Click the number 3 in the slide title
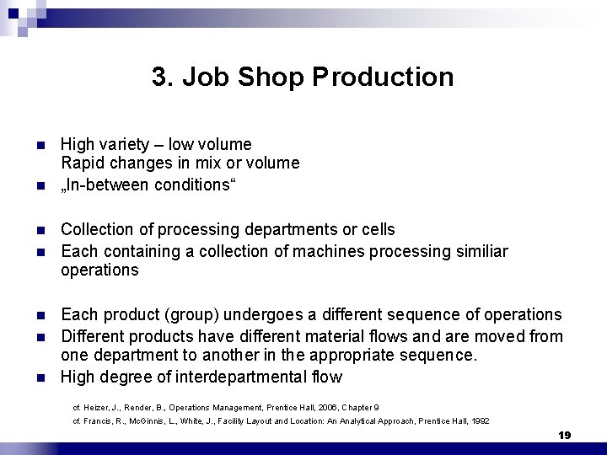pos(160,78)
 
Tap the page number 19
pos(565,435)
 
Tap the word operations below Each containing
pos(99,270)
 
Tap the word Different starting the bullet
pos(94,335)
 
